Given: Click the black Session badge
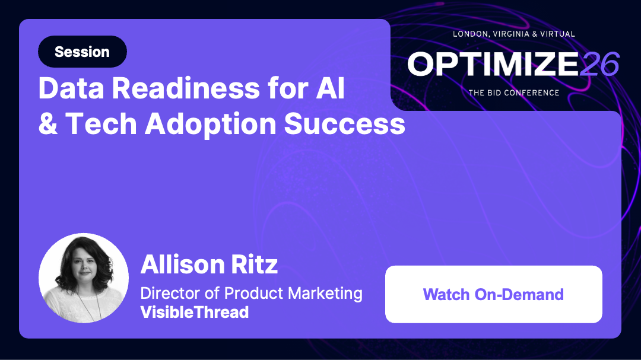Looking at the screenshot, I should pyautogui.click(x=82, y=52).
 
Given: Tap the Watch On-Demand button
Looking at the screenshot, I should pyautogui.click(x=493, y=294).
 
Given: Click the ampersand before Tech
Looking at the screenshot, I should pyautogui.click(x=49, y=124).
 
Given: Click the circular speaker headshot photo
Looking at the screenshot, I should pyautogui.click(x=84, y=278).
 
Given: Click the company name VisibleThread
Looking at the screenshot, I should pyautogui.click(x=194, y=313).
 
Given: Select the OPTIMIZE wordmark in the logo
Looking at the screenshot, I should pyautogui.click(x=493, y=64).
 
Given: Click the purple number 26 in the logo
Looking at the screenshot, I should pyautogui.click(x=599, y=64).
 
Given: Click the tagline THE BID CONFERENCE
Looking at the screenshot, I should pyautogui.click(x=513, y=93).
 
